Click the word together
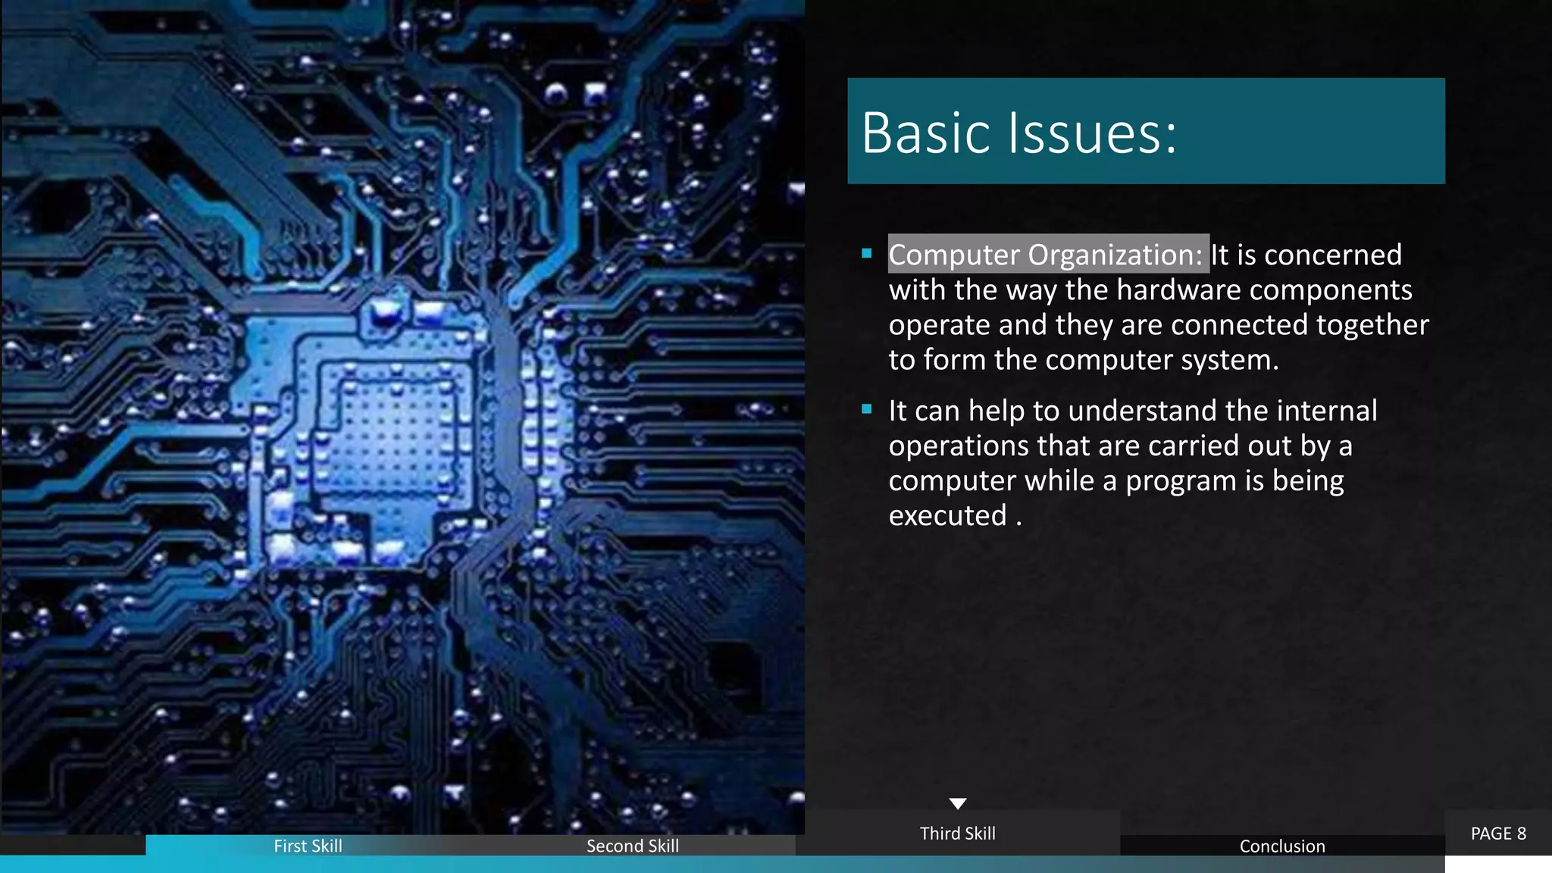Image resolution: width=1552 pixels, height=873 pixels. pyautogui.click(x=1372, y=325)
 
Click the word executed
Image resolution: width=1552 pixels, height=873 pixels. pyautogui.click(x=947, y=516)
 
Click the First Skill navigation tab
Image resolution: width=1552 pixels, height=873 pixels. pyautogui.click(x=308, y=846)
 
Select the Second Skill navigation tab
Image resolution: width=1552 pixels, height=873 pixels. pyautogui.click(x=632, y=846)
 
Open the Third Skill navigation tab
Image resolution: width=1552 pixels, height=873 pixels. pyautogui.click(x=957, y=834)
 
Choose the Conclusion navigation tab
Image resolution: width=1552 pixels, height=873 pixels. pyautogui.click(x=1282, y=846)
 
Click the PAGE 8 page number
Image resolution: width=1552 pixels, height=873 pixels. pyautogui.click(x=1498, y=834)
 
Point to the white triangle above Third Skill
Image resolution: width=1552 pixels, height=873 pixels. pyautogui.click(x=958, y=803)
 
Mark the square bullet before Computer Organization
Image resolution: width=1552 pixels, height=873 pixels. pyautogui.click(x=867, y=254)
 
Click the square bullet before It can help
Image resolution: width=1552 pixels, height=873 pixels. pyautogui.click(x=867, y=410)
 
